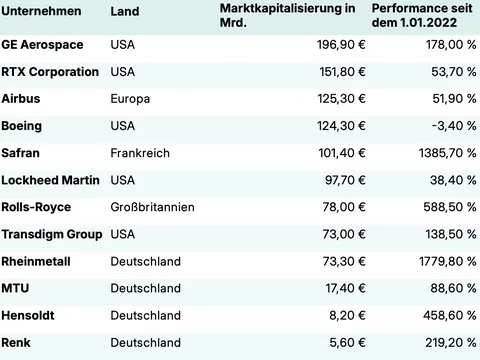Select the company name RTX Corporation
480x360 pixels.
[x=50, y=72]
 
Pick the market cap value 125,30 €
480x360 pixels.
[x=330, y=99]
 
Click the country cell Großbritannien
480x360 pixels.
[x=152, y=207]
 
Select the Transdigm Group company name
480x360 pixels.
[x=52, y=234]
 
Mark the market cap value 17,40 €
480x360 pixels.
[x=334, y=288]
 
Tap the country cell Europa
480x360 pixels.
[x=130, y=99]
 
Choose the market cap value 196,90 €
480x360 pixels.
[x=330, y=45]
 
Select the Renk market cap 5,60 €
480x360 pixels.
[x=337, y=342]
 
